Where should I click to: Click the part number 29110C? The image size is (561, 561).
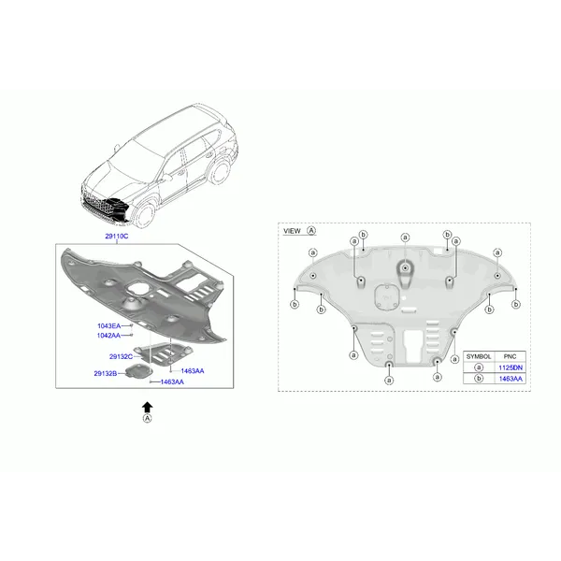click(x=117, y=237)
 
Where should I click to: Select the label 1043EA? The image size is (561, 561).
click(x=109, y=326)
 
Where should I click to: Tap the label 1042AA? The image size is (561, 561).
click(x=108, y=336)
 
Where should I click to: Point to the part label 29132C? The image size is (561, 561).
click(x=121, y=357)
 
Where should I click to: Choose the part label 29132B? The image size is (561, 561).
click(x=105, y=373)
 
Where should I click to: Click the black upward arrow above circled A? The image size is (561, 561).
click(x=147, y=408)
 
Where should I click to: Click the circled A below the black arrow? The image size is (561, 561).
click(x=147, y=418)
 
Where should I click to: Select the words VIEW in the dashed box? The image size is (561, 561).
click(x=292, y=231)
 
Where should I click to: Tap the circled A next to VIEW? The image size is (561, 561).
click(x=311, y=231)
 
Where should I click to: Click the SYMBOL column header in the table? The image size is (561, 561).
click(x=479, y=357)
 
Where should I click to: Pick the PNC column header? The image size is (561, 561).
click(x=510, y=357)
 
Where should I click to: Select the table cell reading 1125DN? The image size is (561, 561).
click(x=511, y=367)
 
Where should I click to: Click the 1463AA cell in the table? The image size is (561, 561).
click(x=511, y=379)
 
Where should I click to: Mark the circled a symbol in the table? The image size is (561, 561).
click(x=479, y=367)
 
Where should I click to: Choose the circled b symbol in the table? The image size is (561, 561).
click(x=479, y=379)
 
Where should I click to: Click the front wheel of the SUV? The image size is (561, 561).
click(x=145, y=215)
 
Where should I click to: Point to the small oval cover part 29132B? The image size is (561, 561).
click(x=139, y=370)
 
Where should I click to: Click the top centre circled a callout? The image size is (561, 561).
click(x=405, y=237)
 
